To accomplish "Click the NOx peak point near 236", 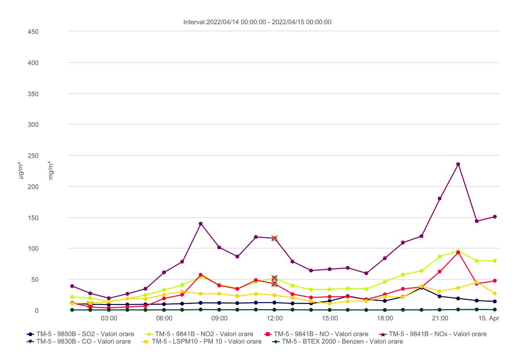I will [458, 164].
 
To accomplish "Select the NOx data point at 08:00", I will [201, 224].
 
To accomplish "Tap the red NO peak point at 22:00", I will [458, 253].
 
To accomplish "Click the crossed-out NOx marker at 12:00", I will [274, 238].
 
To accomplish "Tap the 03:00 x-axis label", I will [109, 318].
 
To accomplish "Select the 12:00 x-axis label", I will [274, 318].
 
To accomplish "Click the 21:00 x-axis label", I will [440, 318].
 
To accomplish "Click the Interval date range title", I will [258, 22].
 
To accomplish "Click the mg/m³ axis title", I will [51, 171].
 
